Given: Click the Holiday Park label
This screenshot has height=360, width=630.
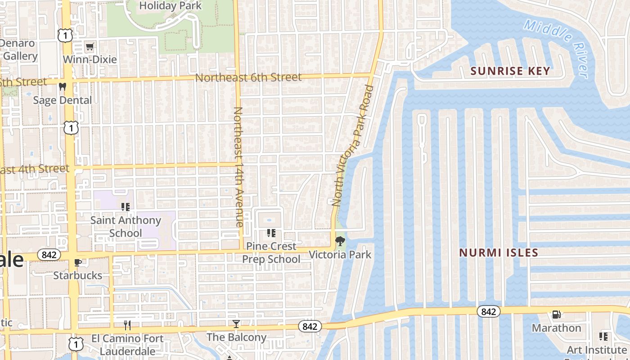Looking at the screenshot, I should click(x=171, y=6).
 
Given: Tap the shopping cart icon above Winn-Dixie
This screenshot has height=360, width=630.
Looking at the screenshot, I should click(x=90, y=46).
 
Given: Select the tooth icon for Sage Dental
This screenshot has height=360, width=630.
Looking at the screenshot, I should click(x=63, y=87).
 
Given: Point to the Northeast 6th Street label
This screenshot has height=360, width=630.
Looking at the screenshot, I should click(x=248, y=77).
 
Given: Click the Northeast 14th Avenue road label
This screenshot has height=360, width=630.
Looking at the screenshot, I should click(x=238, y=166).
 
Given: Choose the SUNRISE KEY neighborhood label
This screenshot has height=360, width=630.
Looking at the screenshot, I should click(x=510, y=71).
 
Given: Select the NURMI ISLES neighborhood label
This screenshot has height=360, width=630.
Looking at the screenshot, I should click(x=499, y=253).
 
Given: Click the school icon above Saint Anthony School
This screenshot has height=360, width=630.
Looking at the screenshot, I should click(x=126, y=207).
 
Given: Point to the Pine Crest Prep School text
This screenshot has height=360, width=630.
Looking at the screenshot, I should click(x=271, y=252).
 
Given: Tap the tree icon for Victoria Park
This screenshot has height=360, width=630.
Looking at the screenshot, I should click(x=340, y=241).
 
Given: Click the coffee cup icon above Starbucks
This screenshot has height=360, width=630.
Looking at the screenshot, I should click(x=78, y=262).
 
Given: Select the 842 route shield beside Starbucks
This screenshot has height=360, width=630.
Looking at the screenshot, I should click(x=49, y=255).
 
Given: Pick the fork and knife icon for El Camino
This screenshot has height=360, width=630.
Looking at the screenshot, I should click(x=127, y=325).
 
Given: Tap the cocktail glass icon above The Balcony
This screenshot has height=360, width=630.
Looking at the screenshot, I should click(x=236, y=324).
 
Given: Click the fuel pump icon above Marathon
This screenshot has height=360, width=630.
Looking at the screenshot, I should click(x=557, y=315).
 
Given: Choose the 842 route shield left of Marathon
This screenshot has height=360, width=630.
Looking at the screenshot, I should click(x=488, y=311).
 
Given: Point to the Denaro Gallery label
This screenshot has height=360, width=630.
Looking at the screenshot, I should click(x=18, y=49).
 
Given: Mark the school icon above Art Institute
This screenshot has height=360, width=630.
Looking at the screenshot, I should click(x=603, y=337).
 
